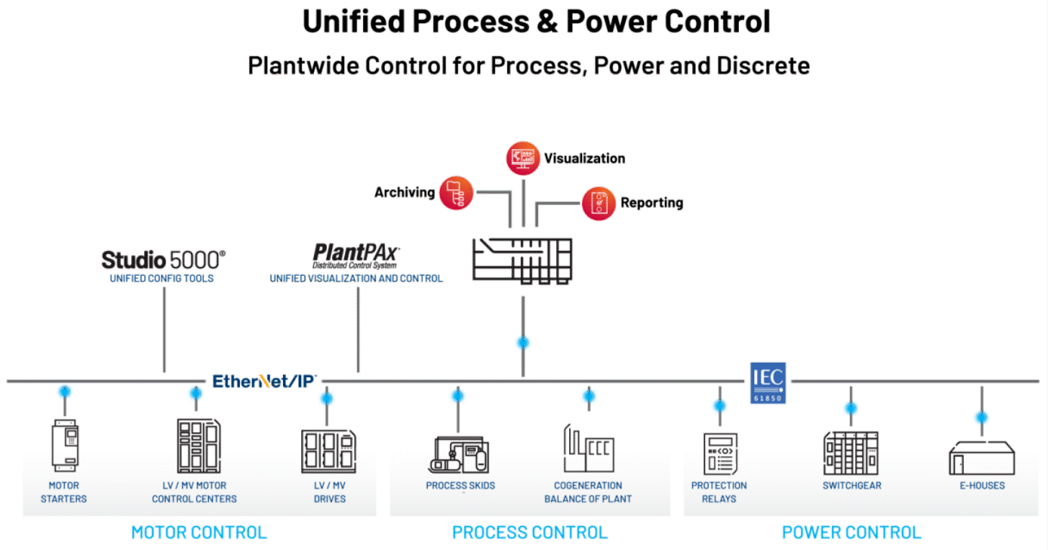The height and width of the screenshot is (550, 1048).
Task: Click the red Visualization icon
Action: (x=522, y=158)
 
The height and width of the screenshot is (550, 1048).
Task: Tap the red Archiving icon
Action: (x=456, y=192)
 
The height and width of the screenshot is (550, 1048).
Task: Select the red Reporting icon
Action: (x=599, y=203)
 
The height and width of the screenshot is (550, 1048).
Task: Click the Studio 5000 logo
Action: (x=163, y=259)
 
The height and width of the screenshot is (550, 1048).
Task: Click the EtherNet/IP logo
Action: (x=264, y=381)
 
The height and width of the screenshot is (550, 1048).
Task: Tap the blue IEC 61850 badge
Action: (x=768, y=382)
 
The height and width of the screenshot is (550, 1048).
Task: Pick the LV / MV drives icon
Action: (x=328, y=451)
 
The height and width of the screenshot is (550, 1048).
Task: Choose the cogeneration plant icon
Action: (x=588, y=448)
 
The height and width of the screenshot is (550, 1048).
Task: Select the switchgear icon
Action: (x=851, y=453)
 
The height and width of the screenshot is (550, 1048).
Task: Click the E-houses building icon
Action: (x=982, y=456)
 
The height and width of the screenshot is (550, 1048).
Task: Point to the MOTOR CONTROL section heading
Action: (x=199, y=533)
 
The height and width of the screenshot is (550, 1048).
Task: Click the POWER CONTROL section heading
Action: (x=851, y=533)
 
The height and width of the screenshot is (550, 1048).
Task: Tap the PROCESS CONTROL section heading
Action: (x=529, y=533)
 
